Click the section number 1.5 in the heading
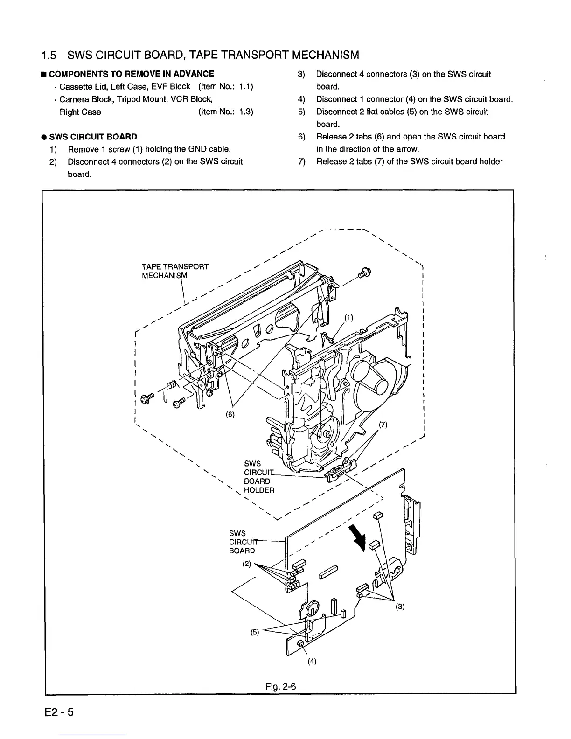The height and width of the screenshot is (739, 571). point(49,56)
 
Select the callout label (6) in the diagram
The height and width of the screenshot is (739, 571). point(230,414)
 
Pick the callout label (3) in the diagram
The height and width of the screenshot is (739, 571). point(400,607)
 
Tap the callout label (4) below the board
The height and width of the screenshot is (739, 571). point(312,661)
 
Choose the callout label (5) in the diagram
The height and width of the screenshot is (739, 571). point(255,633)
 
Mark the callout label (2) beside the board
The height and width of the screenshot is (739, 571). point(247,564)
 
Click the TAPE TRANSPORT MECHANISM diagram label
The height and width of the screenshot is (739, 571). point(174,271)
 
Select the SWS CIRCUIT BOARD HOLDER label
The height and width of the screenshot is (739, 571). point(259,477)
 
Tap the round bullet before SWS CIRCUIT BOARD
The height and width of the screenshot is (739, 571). point(42,137)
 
